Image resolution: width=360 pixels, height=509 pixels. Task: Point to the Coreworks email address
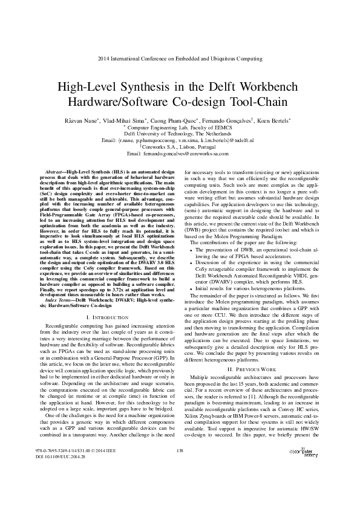[x=180, y=154]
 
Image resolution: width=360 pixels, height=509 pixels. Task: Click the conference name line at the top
[x=180, y=59]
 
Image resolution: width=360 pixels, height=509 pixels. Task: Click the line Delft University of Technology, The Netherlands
[x=180, y=134]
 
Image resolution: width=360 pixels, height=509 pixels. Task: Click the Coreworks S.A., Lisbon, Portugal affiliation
[x=180, y=147]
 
